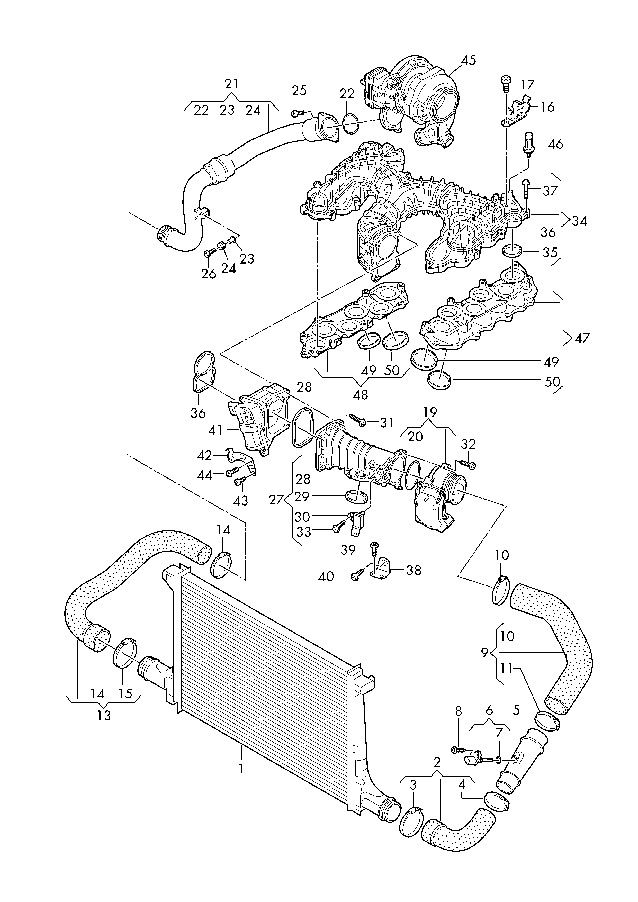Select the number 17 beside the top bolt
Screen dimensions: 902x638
[x=528, y=84]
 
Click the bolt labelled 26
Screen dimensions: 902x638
[x=208, y=254]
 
